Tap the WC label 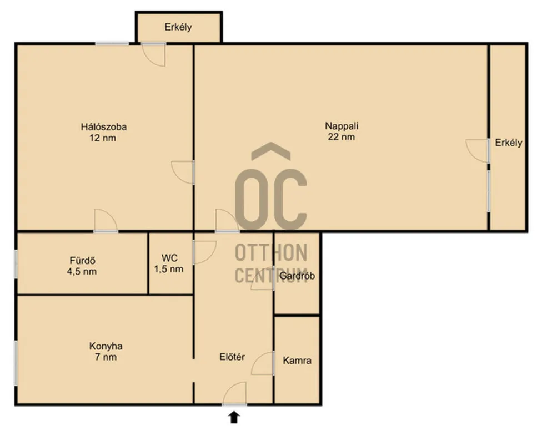(x=169, y=258)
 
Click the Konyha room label (x=106, y=346)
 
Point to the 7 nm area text (x=106, y=357)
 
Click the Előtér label (x=233, y=357)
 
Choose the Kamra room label (x=297, y=361)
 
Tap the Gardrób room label (x=297, y=276)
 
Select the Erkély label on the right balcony (x=508, y=143)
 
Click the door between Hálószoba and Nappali (x=184, y=172)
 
